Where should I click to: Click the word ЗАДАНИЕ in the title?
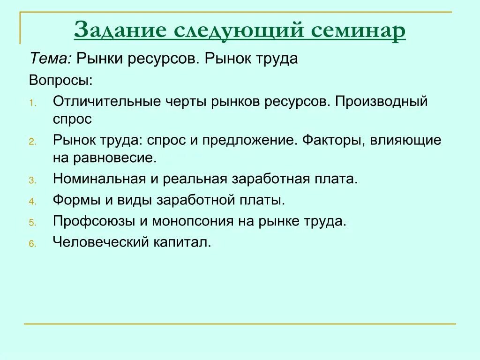[x=119, y=31]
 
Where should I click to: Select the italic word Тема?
[x=51, y=59]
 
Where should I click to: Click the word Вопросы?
[x=61, y=80]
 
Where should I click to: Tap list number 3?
[x=32, y=180]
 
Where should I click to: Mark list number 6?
[x=32, y=244]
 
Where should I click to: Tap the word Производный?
[x=381, y=101]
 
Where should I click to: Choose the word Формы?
[x=76, y=201]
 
